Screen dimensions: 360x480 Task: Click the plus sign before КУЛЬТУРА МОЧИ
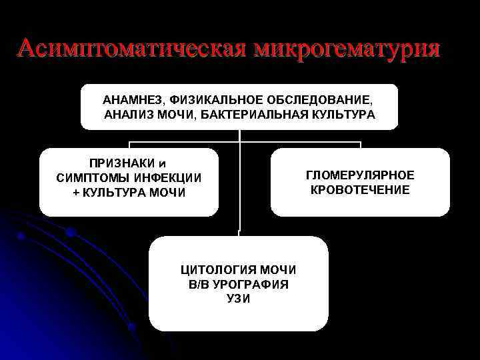[75, 193]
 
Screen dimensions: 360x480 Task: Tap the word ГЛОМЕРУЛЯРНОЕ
[360, 175]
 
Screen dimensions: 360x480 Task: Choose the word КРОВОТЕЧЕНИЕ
[360, 190]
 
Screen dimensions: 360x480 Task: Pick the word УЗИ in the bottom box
[238, 299]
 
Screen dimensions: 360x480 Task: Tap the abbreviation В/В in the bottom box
[200, 285]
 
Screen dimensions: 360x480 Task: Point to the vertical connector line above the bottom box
[239, 187]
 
